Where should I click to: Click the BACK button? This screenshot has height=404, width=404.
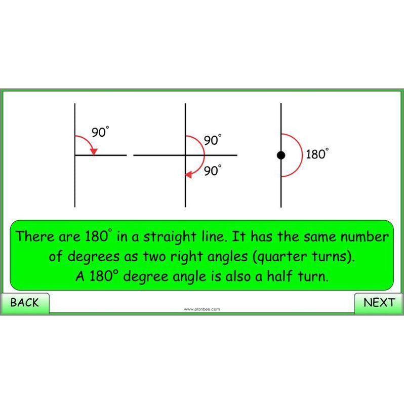point(24,303)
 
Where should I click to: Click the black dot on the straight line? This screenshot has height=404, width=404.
point(281,155)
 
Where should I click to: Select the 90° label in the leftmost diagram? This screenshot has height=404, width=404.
point(100,133)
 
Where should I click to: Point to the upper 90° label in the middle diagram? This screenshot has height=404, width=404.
point(213,140)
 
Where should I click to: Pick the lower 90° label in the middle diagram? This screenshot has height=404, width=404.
point(213,171)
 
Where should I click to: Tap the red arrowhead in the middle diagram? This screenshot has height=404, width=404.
point(189,175)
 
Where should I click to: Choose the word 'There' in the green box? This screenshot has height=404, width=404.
point(36,237)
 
